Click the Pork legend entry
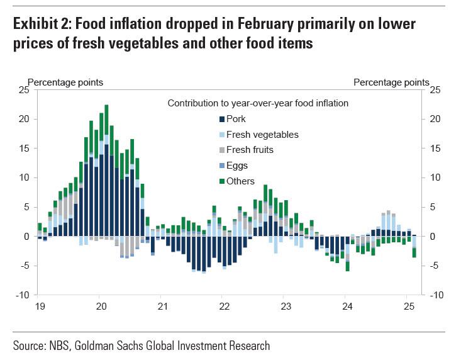pyautogui.click(x=236, y=118)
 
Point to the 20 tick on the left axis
pyautogui.click(x=24, y=119)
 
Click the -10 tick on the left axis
pyautogui.click(x=23, y=295)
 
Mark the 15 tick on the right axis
pyautogui.click(x=435, y=149)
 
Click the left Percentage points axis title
pyautogui.click(x=65, y=82)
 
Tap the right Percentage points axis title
pyautogui.click(x=391, y=82)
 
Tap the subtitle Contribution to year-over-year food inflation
pyautogui.click(x=258, y=103)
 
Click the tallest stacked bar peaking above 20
pyautogui.click(x=106, y=170)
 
